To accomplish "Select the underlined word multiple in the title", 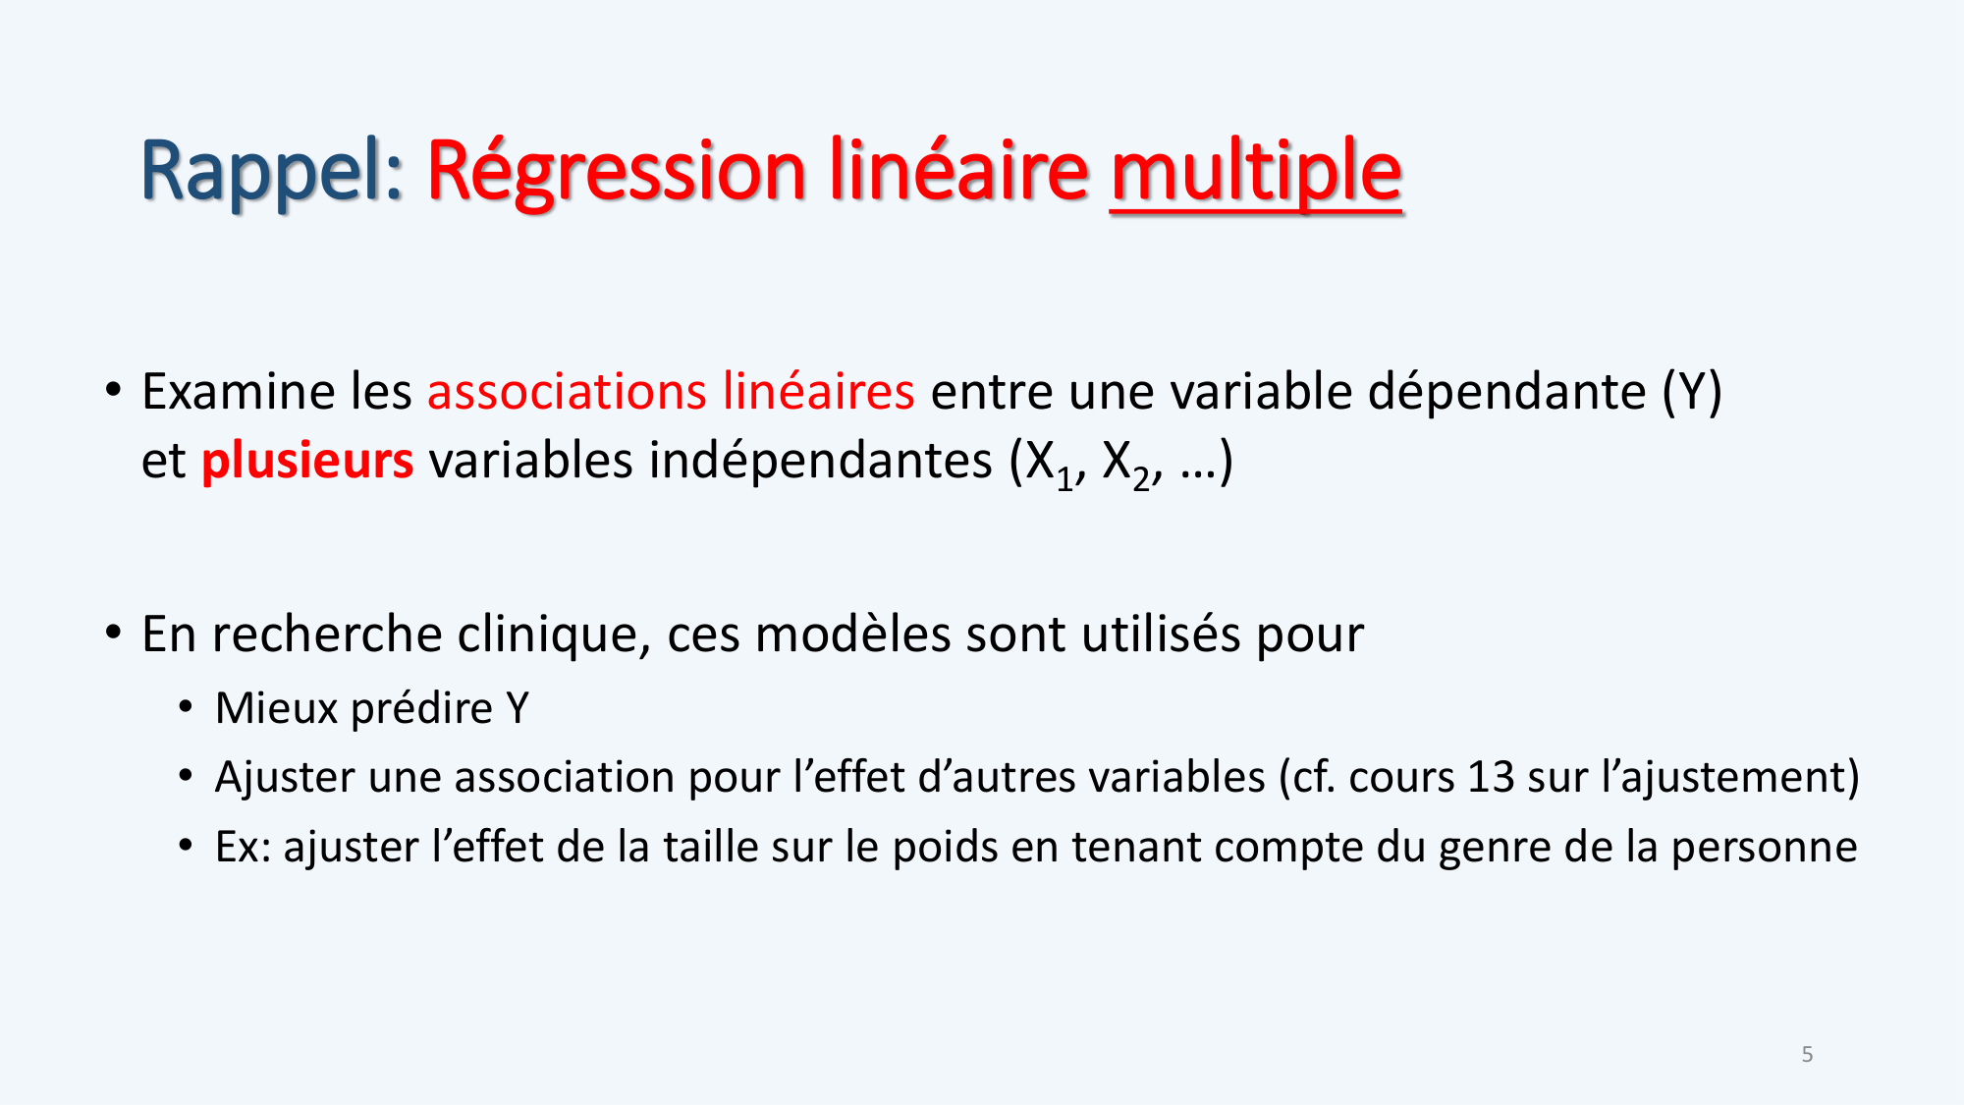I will coord(1256,172).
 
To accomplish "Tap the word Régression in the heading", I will coord(617,172).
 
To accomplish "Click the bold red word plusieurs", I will coord(307,461).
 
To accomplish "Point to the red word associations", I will coord(567,392).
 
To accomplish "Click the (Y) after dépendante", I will coord(1692,392).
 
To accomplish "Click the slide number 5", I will coord(1807,1055).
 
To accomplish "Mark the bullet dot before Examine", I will coord(114,390).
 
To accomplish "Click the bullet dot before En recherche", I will coord(114,633).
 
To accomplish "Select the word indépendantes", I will coord(821,461).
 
